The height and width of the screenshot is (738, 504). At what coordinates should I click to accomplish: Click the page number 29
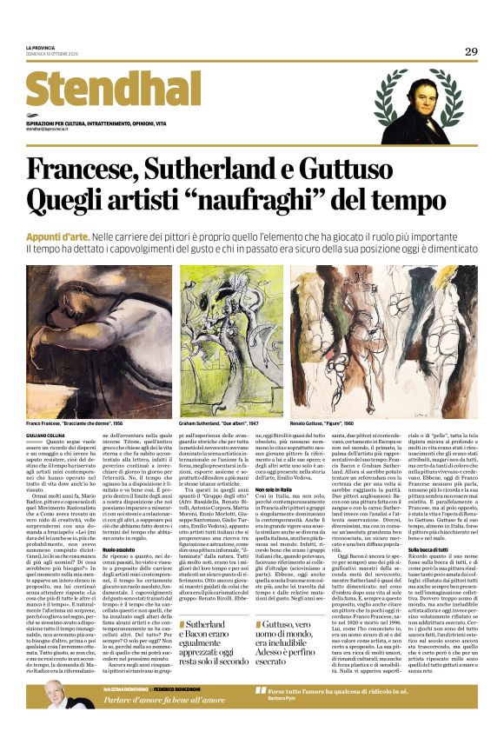[470, 51]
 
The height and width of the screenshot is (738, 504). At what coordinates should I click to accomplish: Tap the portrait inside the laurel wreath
[421, 98]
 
